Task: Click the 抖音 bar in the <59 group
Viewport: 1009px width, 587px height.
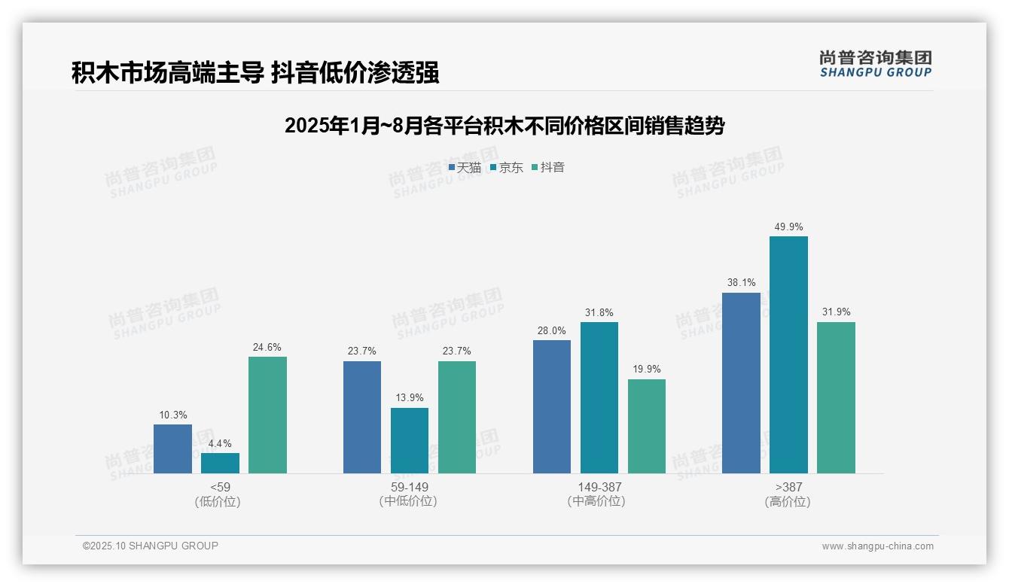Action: point(267,415)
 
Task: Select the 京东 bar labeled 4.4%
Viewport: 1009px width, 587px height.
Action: point(220,463)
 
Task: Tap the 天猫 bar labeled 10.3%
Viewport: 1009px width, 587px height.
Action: point(172,449)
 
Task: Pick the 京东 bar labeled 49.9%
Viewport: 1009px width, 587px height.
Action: point(788,354)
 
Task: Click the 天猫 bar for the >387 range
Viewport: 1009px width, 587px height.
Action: point(741,383)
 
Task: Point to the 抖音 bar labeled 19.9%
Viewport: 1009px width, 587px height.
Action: point(647,426)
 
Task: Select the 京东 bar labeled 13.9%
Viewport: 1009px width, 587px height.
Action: point(410,440)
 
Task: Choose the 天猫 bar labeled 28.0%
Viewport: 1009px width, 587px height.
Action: point(552,406)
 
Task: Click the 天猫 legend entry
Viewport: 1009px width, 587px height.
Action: point(465,167)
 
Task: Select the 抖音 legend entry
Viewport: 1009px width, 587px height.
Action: point(548,167)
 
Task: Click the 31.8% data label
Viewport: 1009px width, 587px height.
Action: point(599,312)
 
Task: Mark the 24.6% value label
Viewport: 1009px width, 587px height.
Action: point(267,347)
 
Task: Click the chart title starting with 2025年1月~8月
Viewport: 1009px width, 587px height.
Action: point(504,126)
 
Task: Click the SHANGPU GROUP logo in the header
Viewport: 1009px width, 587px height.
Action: point(875,64)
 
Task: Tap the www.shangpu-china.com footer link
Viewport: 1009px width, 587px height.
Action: point(877,546)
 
